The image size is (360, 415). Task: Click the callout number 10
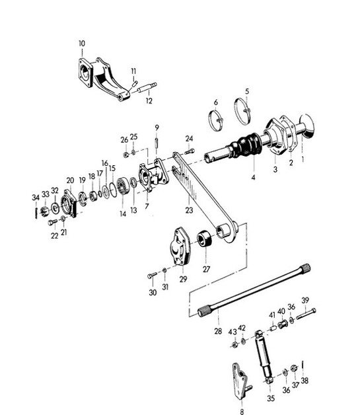coord(81,44)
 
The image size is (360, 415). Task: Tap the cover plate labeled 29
coord(179,246)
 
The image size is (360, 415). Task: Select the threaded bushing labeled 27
coord(205,237)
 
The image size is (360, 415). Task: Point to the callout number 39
coord(305,300)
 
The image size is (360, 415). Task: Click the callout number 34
coord(36,197)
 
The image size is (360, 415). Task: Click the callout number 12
coord(149,101)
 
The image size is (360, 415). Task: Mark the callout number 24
coord(190,138)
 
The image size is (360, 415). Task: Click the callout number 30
coord(153,293)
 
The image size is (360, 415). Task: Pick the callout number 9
coord(157,127)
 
